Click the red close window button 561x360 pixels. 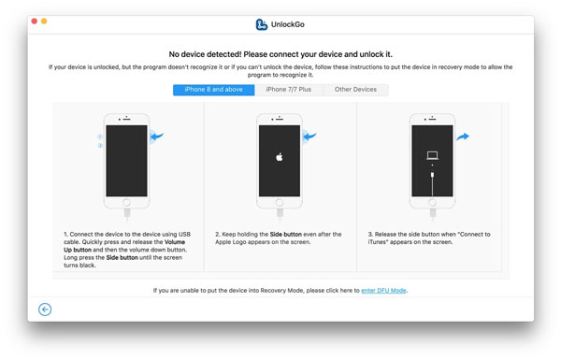coord(35,22)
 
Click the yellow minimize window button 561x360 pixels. coord(44,22)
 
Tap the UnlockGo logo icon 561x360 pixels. coord(262,24)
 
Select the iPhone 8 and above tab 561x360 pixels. coord(213,90)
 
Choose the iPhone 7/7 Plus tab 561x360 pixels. coord(289,90)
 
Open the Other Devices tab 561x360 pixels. coord(355,90)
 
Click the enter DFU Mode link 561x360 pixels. coord(383,291)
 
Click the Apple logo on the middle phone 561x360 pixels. coord(279,157)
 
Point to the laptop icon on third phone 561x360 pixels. coord(432,155)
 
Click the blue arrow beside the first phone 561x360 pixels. coord(157,136)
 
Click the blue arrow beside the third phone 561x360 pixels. coord(463,137)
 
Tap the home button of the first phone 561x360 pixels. coord(126,203)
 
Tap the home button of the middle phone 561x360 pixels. coord(280,203)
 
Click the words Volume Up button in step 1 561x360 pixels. coord(124,246)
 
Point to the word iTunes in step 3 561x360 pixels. coord(375,242)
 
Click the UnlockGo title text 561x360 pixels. coord(288,24)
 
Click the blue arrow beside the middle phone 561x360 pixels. coord(309,136)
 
